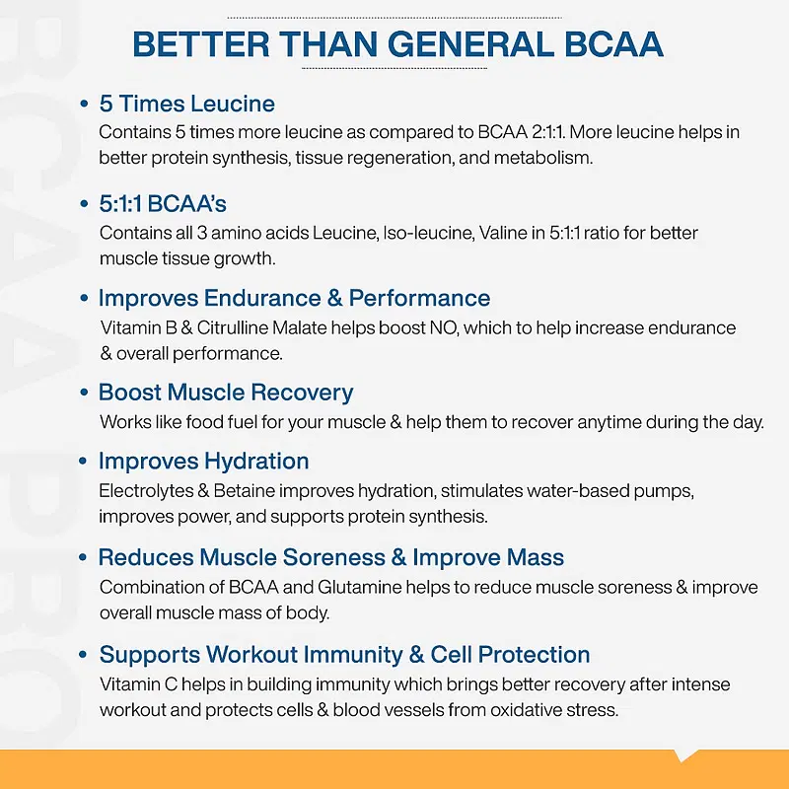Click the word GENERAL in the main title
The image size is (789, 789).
pos(469,44)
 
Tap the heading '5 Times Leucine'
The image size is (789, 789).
pos(187,104)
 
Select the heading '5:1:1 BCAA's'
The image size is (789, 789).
pos(163,204)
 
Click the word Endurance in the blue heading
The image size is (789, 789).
pos(262,298)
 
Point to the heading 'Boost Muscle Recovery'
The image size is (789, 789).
pos(226,393)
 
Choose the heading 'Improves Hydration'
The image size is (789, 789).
pos(204,462)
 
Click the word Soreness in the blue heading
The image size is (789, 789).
pos(333,557)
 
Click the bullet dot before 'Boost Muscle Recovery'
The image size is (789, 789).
pos(84,393)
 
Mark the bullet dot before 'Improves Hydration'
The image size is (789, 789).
pos(84,462)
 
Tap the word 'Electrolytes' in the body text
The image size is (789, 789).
pos(146,491)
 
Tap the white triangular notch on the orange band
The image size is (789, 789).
pos(686,755)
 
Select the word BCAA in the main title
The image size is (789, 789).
pos(613,44)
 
